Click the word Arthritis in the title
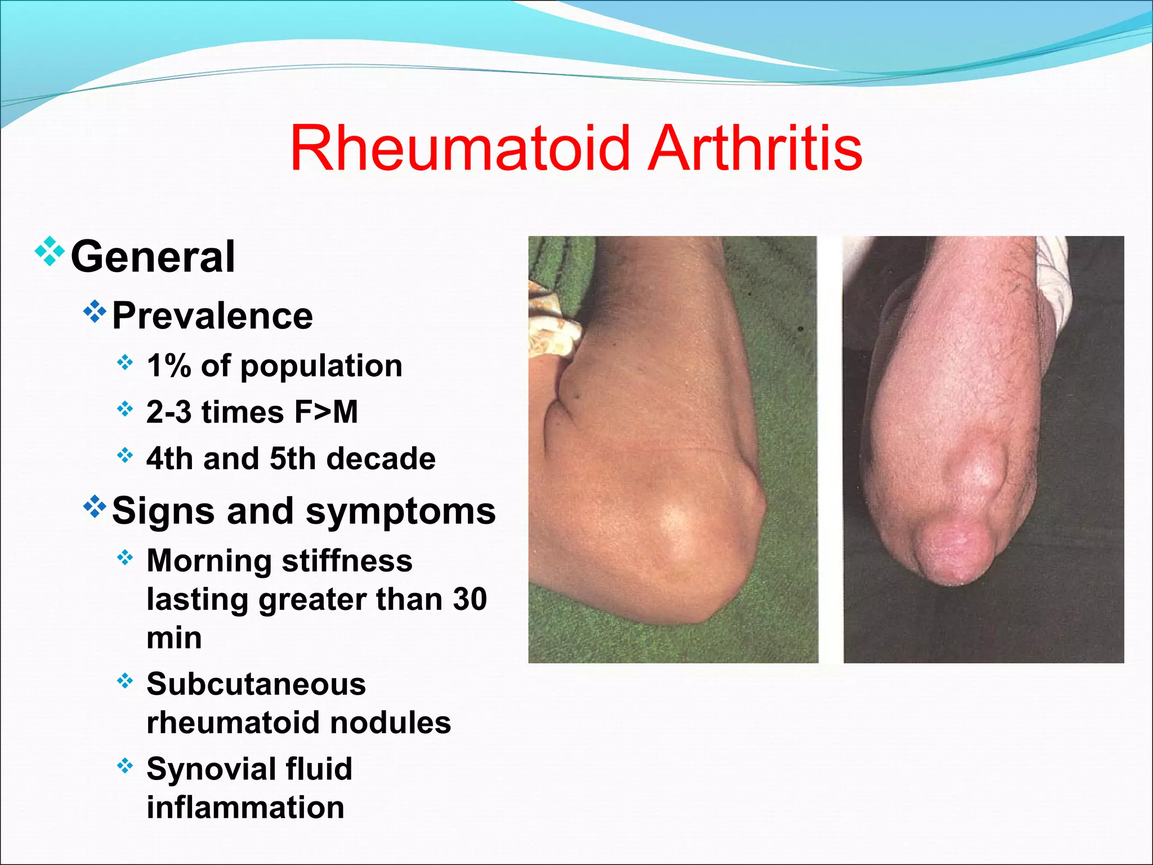click(x=755, y=149)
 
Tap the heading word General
click(x=153, y=257)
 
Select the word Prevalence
click(x=212, y=316)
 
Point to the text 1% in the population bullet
click(x=168, y=366)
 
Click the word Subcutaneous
click(x=256, y=684)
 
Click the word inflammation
click(x=245, y=808)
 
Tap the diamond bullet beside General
click(x=50, y=252)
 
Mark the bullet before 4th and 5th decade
click(x=125, y=454)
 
